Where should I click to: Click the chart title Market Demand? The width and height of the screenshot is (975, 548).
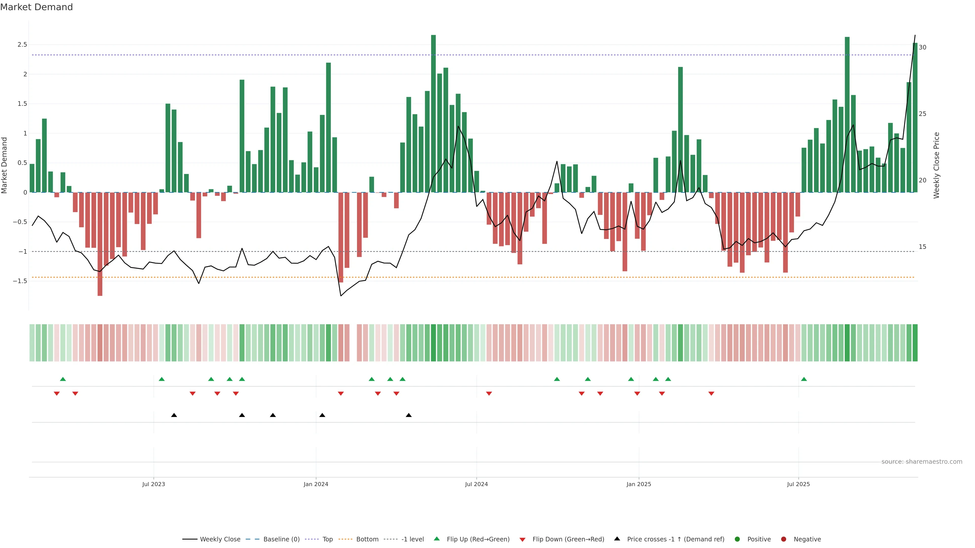[36, 7]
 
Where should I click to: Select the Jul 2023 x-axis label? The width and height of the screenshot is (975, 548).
[153, 484]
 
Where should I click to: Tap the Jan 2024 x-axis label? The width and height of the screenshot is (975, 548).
[316, 484]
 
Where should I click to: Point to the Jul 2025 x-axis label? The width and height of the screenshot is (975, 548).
[798, 484]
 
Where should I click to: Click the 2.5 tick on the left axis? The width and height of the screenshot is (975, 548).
[22, 45]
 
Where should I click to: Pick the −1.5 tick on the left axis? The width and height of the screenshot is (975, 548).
[20, 281]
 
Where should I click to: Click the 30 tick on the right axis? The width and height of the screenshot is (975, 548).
[922, 47]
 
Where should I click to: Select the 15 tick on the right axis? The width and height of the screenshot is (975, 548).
[922, 247]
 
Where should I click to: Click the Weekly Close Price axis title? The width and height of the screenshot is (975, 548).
[936, 165]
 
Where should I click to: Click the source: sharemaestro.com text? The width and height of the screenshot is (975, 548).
[922, 462]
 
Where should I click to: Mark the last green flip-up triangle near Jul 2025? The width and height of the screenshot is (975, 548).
[804, 379]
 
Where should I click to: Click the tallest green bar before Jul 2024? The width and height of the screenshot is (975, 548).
[433, 113]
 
